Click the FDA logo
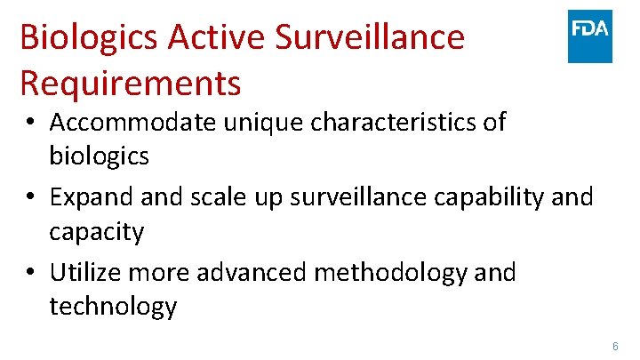pyautogui.click(x=590, y=36)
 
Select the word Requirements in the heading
pyautogui.click(x=130, y=83)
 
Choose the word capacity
pyautogui.click(x=96, y=232)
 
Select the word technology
pyautogui.click(x=113, y=307)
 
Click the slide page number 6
pyautogui.click(x=614, y=345)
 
